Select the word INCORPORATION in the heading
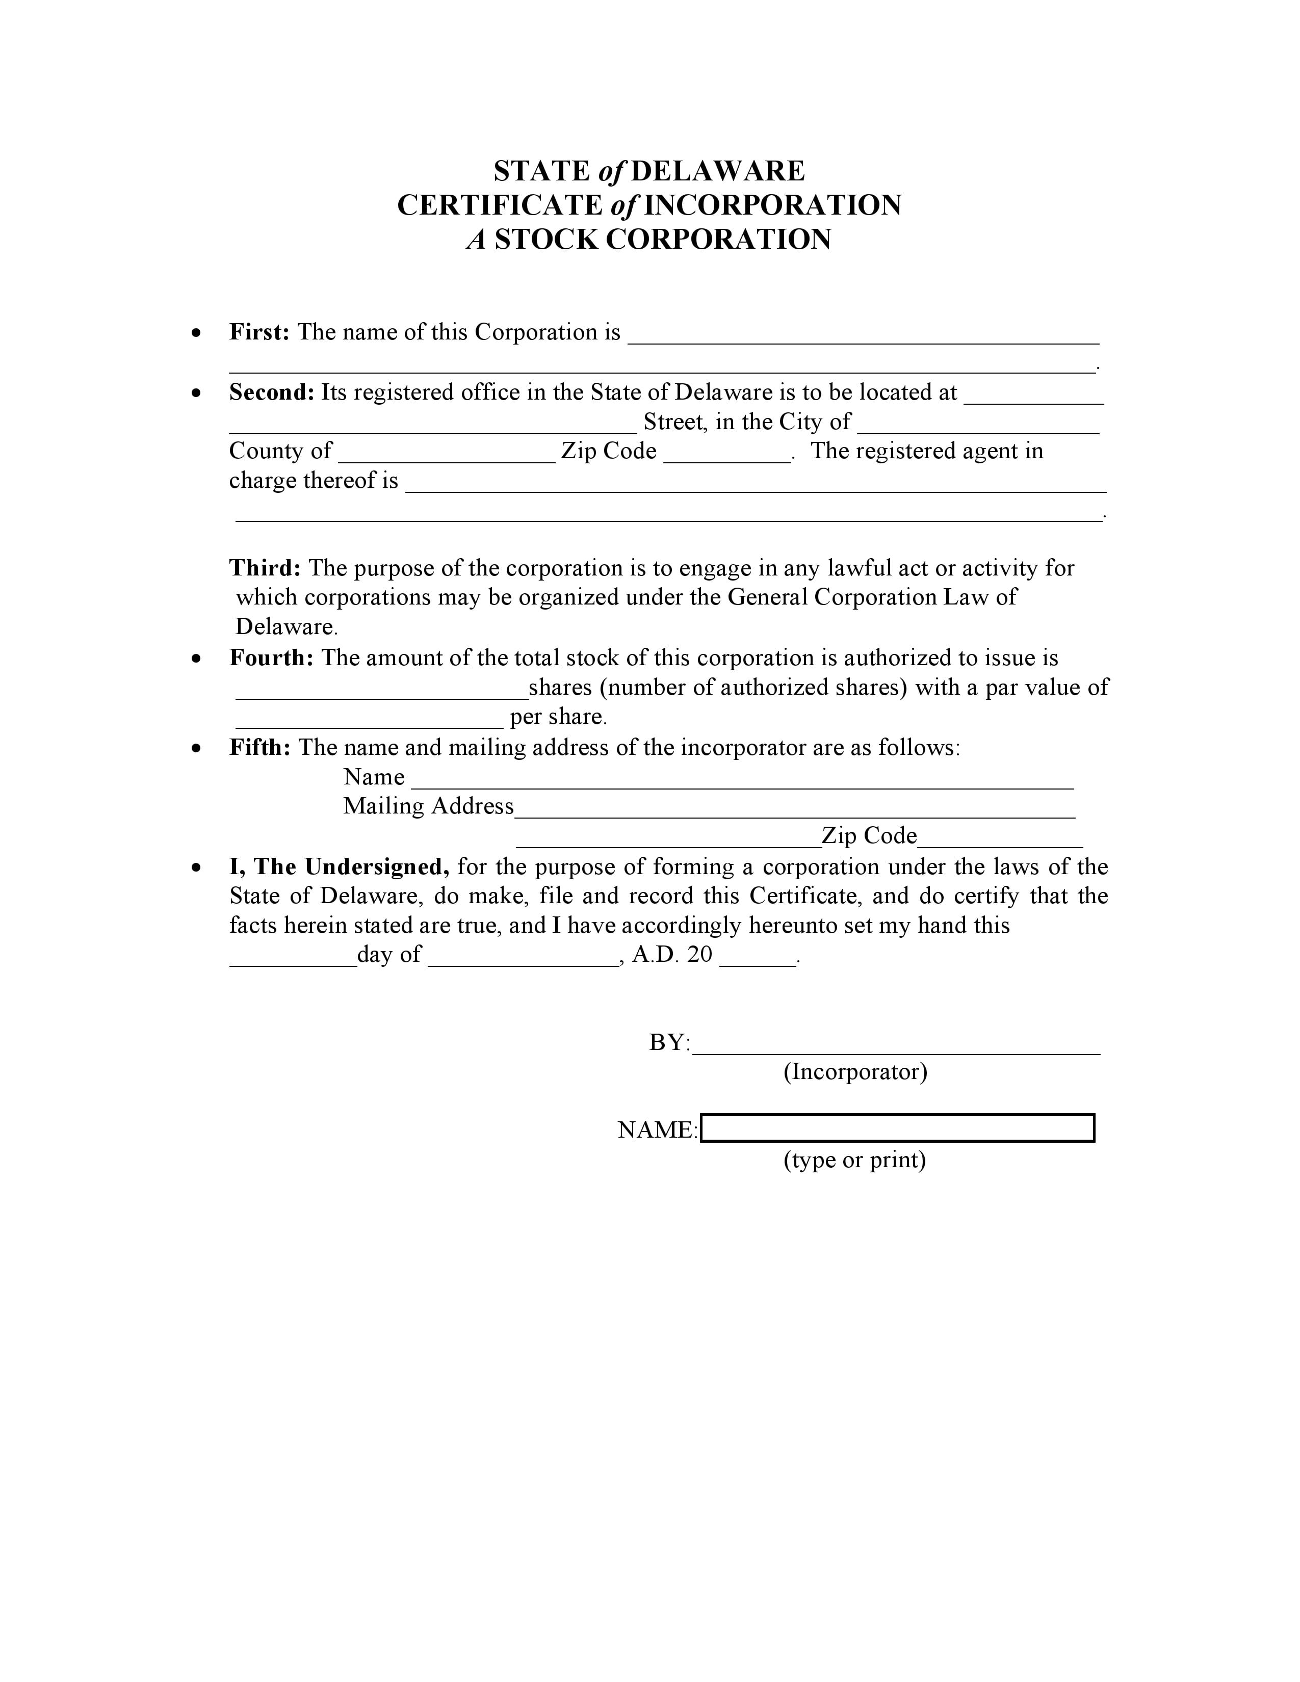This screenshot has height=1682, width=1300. [772, 205]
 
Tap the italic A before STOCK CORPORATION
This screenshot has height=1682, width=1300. [477, 240]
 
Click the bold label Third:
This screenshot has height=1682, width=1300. [265, 568]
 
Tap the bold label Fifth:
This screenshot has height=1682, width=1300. [259, 747]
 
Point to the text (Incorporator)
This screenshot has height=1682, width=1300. [855, 1071]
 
